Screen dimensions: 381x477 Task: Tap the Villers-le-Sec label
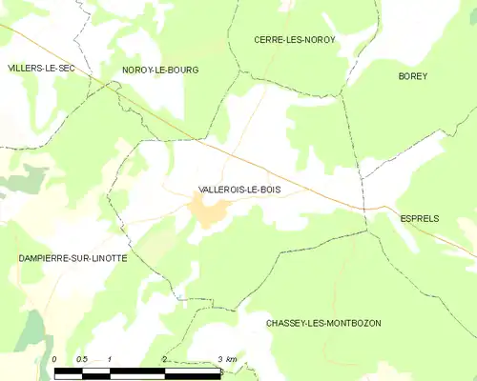point(41,69)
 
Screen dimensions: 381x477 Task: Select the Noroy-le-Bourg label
point(157,70)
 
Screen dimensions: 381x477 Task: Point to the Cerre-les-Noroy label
point(294,39)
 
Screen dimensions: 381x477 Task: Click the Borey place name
point(413,75)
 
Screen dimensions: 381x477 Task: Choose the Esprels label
point(419,218)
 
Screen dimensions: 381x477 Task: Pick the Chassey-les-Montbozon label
point(323,323)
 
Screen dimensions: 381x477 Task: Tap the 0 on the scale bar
point(55,359)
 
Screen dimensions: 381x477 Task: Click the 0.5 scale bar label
point(82,359)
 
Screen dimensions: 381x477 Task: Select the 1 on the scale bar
point(111,359)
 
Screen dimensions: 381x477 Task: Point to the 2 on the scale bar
point(165,359)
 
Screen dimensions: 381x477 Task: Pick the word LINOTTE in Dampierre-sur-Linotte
point(98,258)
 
